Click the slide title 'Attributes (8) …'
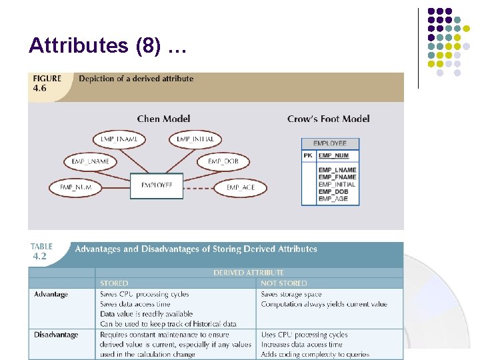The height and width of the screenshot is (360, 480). click(x=107, y=46)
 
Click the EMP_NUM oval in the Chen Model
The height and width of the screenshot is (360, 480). click(x=75, y=187)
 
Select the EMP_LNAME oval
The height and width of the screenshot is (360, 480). click(x=90, y=161)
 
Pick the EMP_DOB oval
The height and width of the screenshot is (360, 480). click(x=223, y=161)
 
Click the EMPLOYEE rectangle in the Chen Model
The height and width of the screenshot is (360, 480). click(x=157, y=185)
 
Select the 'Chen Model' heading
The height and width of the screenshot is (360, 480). click(x=163, y=119)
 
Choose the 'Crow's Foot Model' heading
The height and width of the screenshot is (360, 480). click(x=328, y=119)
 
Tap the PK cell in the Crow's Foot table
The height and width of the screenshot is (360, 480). click(x=308, y=156)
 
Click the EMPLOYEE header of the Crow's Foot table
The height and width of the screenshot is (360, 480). click(x=330, y=143)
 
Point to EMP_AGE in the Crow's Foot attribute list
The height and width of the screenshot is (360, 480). click(x=333, y=199)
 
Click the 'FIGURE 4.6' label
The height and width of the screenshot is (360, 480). click(x=47, y=83)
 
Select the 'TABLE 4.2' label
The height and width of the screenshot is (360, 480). click(x=41, y=251)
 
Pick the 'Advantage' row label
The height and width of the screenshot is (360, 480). click(x=51, y=294)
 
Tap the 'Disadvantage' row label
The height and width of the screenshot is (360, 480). click(x=56, y=335)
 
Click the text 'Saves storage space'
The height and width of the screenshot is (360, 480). click(x=291, y=294)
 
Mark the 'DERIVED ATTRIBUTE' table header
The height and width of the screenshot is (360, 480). click(x=248, y=273)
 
